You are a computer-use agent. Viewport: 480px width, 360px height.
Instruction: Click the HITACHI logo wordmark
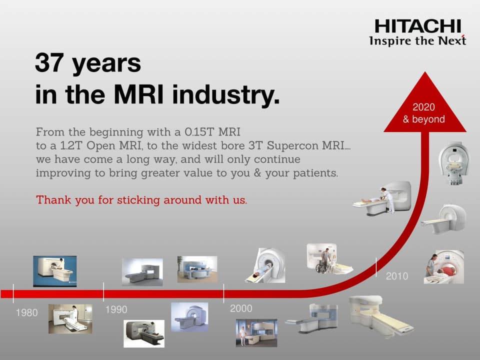point(418,26)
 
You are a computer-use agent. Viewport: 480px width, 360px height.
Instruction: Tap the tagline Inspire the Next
point(417,40)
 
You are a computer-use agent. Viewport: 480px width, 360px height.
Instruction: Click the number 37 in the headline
point(49,63)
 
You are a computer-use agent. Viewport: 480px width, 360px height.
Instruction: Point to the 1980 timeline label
point(27,312)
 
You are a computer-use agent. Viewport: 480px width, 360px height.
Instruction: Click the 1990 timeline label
point(116,309)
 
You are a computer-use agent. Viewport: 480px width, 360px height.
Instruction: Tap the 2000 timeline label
point(241,308)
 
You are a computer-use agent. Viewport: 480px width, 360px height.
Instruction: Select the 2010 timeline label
point(397,276)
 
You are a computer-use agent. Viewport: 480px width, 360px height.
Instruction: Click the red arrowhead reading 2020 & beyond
point(425,104)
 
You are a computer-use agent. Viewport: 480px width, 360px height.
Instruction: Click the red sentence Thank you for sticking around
point(141,200)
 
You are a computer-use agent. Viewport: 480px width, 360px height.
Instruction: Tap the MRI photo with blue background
point(55,271)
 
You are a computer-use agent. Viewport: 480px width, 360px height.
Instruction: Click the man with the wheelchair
point(325,259)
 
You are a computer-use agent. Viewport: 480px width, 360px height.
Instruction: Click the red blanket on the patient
point(447,269)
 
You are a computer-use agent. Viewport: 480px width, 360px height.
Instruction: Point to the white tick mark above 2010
point(376,267)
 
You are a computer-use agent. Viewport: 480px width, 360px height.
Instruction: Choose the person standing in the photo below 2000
point(243,336)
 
